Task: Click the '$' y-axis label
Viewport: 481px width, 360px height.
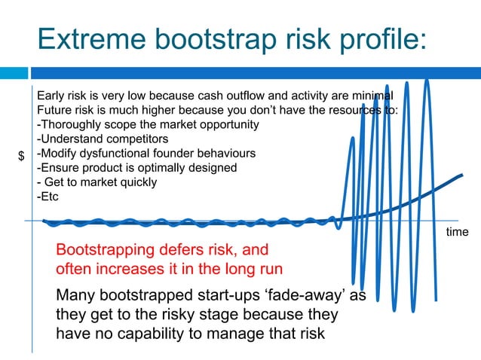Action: coord(21,156)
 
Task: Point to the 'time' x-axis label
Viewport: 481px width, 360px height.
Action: coord(457,232)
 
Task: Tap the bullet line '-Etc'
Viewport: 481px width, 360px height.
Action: coord(47,197)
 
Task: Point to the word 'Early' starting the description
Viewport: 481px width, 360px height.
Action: coord(51,96)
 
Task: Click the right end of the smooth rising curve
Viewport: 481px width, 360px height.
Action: coord(461,176)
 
